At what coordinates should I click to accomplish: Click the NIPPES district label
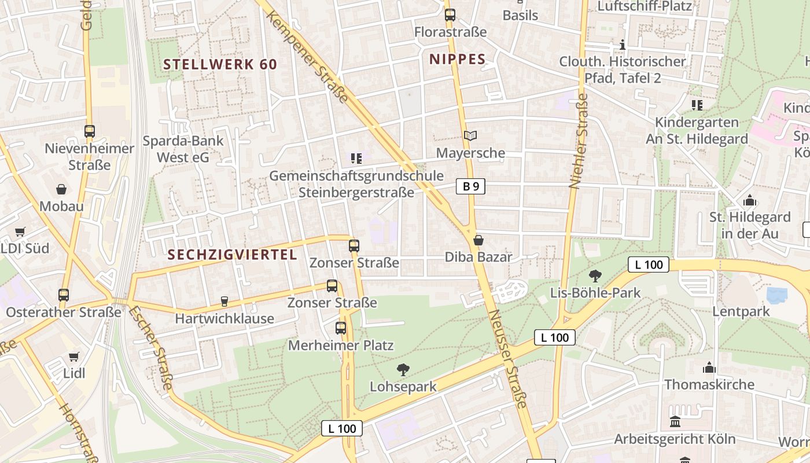(458, 59)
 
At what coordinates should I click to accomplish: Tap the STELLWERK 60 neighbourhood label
(220, 64)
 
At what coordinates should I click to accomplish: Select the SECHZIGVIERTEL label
(233, 255)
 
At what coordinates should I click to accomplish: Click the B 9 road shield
(470, 186)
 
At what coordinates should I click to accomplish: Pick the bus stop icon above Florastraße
(450, 15)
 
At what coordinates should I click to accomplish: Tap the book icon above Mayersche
(470, 136)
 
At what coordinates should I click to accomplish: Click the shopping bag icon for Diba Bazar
(478, 240)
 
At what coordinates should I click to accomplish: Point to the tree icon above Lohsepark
(403, 369)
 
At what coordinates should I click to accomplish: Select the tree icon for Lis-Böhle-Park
(595, 276)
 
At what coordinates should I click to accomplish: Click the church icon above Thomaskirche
(709, 368)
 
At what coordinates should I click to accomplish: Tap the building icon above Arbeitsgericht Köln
(675, 422)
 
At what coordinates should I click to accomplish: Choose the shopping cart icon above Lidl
(73, 357)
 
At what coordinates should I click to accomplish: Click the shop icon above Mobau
(61, 189)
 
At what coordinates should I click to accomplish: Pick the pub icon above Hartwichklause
(224, 302)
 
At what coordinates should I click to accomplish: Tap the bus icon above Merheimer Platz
(341, 328)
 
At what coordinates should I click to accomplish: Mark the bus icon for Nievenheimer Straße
(89, 131)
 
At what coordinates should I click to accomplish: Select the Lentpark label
(741, 311)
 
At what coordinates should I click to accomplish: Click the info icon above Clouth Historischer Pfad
(623, 45)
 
